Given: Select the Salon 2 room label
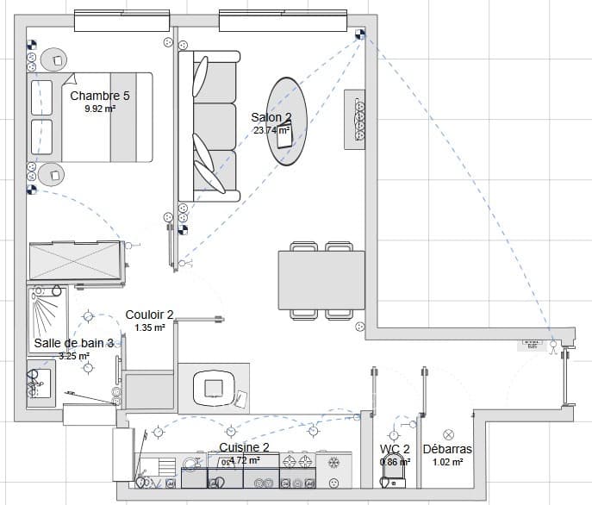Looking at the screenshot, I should click(x=271, y=117).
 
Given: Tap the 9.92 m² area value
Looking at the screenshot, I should click(x=100, y=109).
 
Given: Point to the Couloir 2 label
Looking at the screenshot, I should click(x=150, y=315).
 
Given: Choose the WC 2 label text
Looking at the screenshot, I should click(x=395, y=449).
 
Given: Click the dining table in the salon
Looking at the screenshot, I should click(x=321, y=280).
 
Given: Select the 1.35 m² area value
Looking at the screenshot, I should click(x=150, y=328).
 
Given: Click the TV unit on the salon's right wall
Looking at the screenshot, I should click(x=357, y=117).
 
